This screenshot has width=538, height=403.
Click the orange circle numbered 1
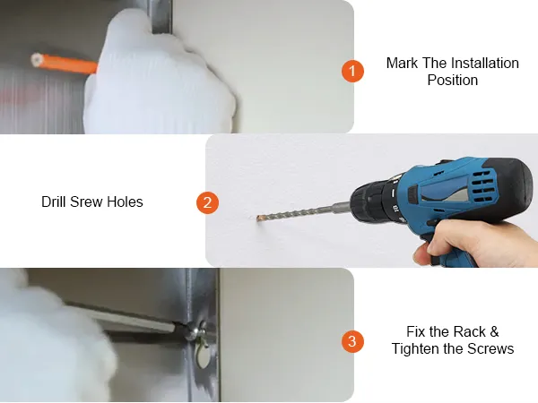pos(352,71)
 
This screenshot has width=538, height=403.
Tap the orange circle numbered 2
pos(207,202)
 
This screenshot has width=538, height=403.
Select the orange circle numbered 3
pos(352,341)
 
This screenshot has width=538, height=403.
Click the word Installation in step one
pos(484,63)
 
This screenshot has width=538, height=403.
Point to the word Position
pos(453,81)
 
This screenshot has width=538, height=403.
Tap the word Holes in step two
pos(125,201)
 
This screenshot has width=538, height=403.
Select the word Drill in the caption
pos(54,201)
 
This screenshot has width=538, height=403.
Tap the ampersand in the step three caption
pos(494,331)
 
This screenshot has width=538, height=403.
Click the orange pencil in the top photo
pos(65,63)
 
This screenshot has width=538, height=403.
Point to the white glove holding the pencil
pos(158,79)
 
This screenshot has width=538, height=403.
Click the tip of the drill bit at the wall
pos(258,218)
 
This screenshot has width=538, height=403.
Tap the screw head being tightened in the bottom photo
pos(193,331)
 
